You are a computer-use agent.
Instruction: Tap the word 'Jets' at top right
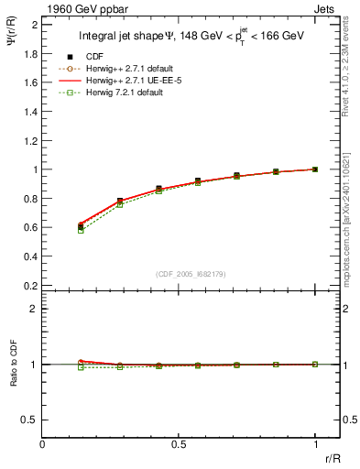(x=325, y=8)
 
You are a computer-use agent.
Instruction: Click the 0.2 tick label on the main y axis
(x=29, y=286)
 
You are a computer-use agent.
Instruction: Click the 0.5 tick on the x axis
(x=180, y=445)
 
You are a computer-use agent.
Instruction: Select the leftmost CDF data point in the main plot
(x=81, y=226)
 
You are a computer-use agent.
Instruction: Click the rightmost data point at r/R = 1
(x=315, y=169)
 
